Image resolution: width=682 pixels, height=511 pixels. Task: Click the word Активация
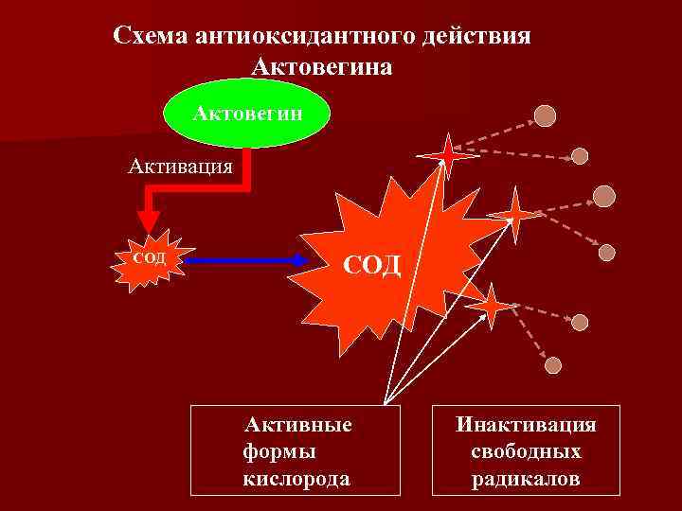pyautogui.click(x=181, y=167)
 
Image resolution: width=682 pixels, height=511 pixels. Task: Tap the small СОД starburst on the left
pyautogui.click(x=147, y=258)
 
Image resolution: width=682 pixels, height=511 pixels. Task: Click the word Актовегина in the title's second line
pyautogui.click(x=322, y=67)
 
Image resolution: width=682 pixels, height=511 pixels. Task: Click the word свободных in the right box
pyautogui.click(x=526, y=451)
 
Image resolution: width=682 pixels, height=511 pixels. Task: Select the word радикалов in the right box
pyautogui.click(x=526, y=478)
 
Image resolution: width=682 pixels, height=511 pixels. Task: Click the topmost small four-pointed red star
pyautogui.click(x=446, y=154)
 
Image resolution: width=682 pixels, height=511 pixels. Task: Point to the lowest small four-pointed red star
pyautogui.click(x=493, y=306)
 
